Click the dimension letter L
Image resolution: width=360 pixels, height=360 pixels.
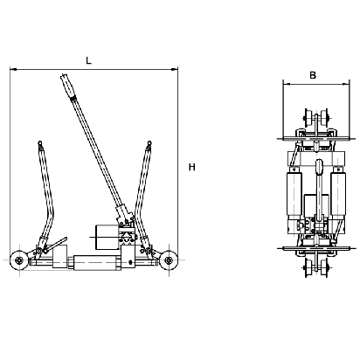click(x=88, y=60)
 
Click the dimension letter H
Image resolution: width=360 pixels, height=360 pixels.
click(x=191, y=167)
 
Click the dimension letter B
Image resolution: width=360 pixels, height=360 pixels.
click(x=313, y=75)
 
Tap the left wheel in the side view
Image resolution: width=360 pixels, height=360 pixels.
click(x=19, y=260)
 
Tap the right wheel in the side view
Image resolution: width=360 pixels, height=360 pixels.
click(x=169, y=260)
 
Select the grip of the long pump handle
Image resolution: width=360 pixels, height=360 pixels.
click(x=68, y=87)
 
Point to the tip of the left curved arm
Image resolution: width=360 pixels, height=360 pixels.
click(x=40, y=142)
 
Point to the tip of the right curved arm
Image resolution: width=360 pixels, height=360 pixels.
click(x=149, y=142)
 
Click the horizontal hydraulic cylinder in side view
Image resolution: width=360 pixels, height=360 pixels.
click(x=97, y=262)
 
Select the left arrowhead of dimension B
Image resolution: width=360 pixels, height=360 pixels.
click(x=284, y=85)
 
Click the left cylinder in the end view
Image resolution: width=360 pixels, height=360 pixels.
click(x=294, y=194)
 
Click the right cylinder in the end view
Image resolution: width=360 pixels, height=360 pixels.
click(x=338, y=194)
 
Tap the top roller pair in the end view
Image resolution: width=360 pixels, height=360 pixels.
click(x=316, y=118)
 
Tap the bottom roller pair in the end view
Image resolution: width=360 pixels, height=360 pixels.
click(x=316, y=267)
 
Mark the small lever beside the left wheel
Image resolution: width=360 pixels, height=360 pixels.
click(x=56, y=244)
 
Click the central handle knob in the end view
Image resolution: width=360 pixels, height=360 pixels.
click(x=319, y=166)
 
